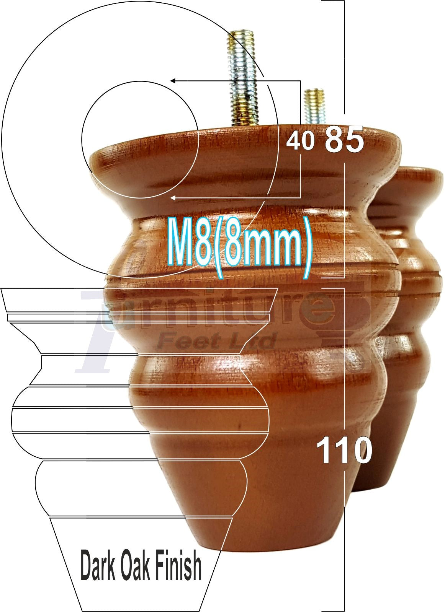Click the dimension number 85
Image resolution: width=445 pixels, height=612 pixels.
point(344,140)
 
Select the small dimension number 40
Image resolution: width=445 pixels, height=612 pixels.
point(300,142)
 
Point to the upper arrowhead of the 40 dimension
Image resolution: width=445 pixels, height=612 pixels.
point(173,81)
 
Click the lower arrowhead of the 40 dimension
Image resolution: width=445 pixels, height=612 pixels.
point(173,198)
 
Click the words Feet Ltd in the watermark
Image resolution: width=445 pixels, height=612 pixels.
point(216,341)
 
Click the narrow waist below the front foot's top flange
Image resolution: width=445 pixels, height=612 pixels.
point(245,199)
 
